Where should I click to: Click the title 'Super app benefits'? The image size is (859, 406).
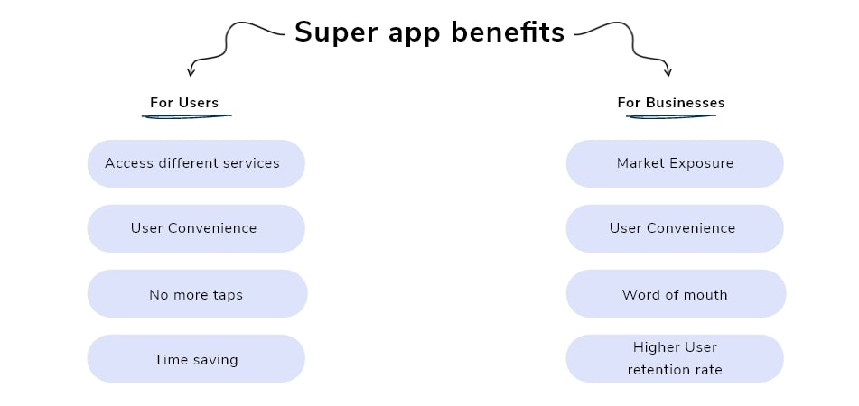point(429,32)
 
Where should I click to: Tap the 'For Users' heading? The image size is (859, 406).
point(184,102)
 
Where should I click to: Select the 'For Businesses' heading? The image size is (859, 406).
point(670,102)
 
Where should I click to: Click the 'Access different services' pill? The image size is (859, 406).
point(196,163)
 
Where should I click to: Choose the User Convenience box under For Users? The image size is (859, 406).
point(196,228)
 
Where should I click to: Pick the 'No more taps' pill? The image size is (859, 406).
point(197,294)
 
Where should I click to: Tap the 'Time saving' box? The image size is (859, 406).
point(196,359)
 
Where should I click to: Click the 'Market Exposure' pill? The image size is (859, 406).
point(675,163)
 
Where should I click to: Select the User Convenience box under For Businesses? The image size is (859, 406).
point(675,228)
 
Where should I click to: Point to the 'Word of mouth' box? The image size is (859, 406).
point(676,294)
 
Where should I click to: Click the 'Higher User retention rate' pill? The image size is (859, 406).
point(675,358)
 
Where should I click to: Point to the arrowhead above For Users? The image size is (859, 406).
point(191,72)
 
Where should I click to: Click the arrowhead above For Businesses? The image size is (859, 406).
point(668,72)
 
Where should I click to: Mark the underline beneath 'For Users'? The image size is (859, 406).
point(186,115)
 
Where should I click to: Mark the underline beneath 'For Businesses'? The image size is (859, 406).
point(669,115)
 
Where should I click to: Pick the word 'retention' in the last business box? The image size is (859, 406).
point(656,369)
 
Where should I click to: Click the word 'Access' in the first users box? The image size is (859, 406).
point(129,163)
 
